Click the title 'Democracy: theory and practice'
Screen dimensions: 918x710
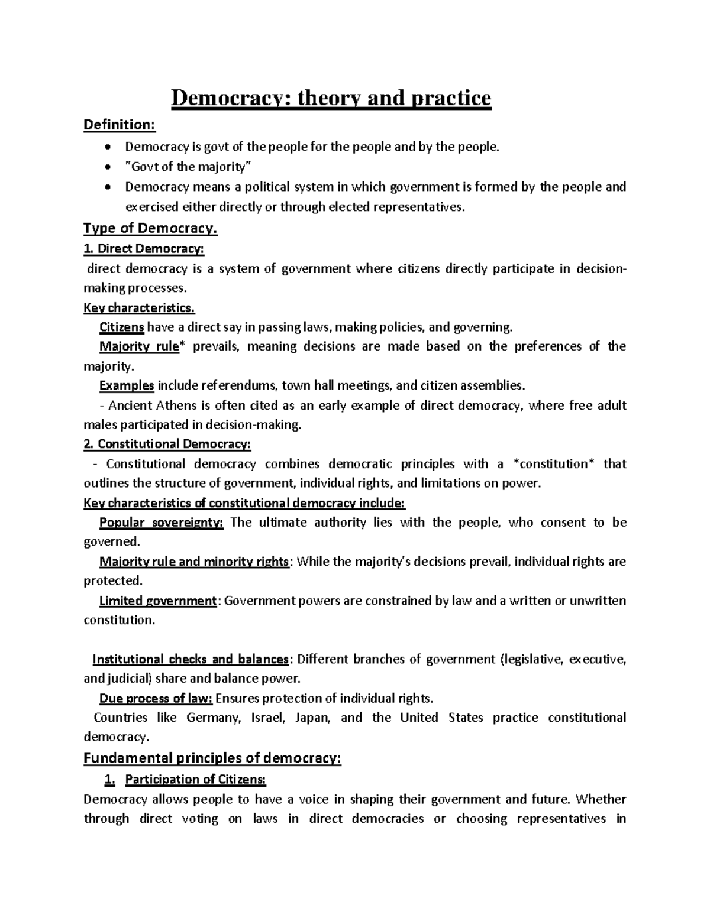pos(331,98)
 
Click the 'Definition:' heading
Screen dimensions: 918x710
pos(120,125)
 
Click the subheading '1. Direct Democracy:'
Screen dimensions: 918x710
pos(144,249)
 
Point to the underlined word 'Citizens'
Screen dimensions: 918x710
pos(121,327)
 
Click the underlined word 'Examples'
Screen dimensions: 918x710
pos(127,385)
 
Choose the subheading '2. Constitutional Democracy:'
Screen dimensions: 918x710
pos(167,444)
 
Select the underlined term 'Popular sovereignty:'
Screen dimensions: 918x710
pos(161,523)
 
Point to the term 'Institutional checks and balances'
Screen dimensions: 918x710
pos(191,659)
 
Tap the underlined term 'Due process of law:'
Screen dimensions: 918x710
pos(156,698)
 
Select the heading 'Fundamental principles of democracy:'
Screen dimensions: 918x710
pos(212,758)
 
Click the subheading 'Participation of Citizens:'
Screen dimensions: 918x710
pos(196,780)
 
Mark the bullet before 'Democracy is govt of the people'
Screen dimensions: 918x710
pos(106,147)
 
